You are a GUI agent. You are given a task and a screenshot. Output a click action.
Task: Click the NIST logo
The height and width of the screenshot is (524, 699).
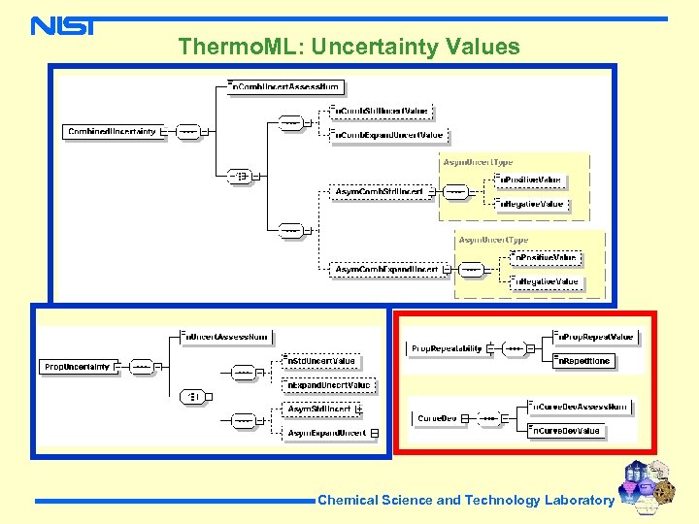(x=62, y=26)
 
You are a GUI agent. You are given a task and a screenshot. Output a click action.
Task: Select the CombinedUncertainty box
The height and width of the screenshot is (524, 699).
(x=113, y=131)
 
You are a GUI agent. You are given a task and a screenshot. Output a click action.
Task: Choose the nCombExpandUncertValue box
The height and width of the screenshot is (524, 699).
(x=388, y=135)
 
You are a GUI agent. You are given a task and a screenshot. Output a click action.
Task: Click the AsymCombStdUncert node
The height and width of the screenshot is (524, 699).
(x=379, y=192)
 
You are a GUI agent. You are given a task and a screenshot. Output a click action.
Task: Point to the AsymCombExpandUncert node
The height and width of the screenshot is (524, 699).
(x=387, y=269)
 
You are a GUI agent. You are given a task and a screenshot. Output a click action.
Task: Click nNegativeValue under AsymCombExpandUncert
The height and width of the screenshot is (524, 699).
(x=546, y=281)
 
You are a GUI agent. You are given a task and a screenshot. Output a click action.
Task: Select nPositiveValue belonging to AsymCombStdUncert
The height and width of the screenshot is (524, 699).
(x=529, y=180)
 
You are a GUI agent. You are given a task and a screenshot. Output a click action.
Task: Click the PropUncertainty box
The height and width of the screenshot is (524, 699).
(x=77, y=367)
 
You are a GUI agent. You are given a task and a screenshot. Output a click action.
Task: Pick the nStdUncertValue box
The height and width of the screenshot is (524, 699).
(x=320, y=361)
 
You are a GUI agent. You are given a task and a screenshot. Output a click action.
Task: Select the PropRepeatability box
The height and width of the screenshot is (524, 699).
(x=447, y=347)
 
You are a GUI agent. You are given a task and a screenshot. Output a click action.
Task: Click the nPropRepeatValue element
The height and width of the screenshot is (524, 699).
(x=595, y=337)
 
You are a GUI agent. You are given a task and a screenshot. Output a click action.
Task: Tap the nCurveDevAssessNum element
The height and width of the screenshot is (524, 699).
(x=580, y=407)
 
